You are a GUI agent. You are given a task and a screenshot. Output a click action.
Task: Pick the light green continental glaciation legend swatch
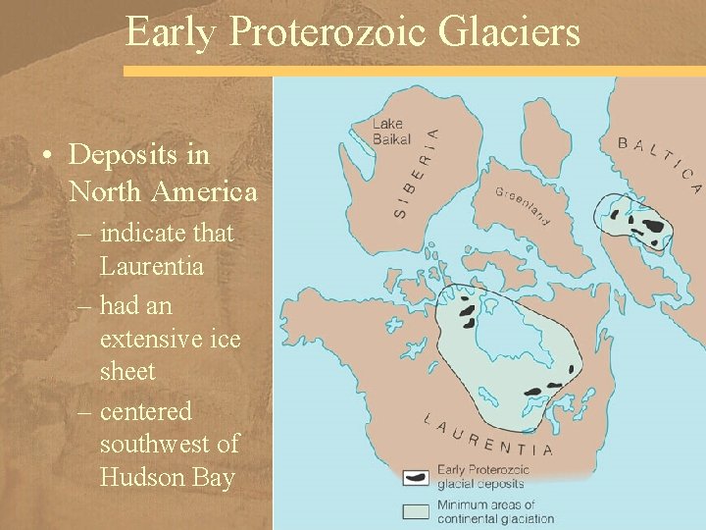416,510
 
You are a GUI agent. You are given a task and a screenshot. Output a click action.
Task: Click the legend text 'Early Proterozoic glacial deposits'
483,476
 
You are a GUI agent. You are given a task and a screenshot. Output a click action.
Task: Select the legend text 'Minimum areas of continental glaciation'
495,511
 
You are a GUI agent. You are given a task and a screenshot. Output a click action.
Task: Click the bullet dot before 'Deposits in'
46,155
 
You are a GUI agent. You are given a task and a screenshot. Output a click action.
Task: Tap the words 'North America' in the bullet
163,191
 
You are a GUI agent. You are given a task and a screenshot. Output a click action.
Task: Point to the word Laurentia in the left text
151,266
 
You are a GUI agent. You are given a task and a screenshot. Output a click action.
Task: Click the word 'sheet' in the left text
127,371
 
